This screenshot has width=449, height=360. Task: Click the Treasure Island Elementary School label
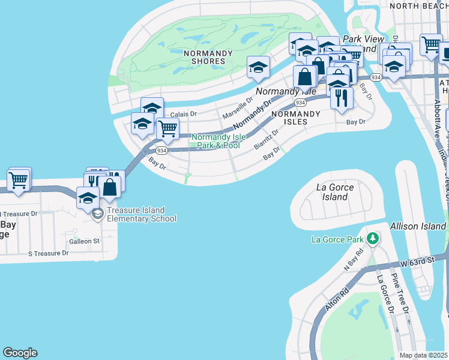[142, 214]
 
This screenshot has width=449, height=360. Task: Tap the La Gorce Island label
[335, 192]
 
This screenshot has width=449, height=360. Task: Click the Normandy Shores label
[208, 58]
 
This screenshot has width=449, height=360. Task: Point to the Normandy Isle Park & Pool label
[216, 142]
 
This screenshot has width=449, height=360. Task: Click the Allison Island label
[418, 226]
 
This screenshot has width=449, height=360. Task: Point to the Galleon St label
[84, 241]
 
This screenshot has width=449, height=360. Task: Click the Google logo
[20, 353]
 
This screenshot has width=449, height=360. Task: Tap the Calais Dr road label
[184, 114]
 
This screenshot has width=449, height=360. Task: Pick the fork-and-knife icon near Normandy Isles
[341, 97]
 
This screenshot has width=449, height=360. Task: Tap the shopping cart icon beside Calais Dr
[167, 128]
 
